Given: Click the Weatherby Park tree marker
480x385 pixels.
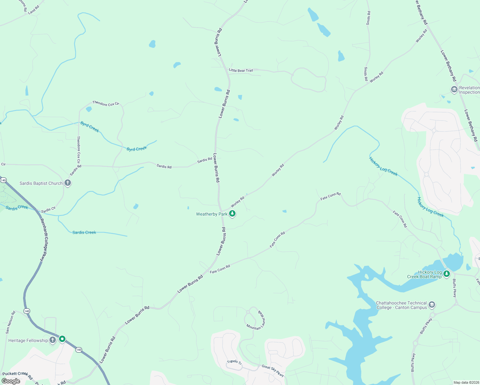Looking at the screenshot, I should [x=232, y=214].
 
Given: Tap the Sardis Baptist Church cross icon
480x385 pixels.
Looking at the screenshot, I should [x=68, y=183].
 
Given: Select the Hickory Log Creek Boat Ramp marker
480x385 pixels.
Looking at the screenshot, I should [x=447, y=274].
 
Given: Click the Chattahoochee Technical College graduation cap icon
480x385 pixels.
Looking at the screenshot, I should [x=432, y=305].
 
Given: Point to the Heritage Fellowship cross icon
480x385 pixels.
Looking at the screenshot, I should [x=53, y=340].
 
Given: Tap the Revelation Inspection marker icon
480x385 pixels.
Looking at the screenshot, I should [x=454, y=90].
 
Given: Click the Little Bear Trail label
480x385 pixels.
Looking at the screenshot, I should [x=241, y=70].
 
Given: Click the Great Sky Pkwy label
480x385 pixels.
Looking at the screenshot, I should [x=273, y=370].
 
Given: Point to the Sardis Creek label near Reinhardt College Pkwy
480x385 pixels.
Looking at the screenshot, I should [x=17, y=208].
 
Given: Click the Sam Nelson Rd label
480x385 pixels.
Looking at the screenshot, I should [x=10, y=322].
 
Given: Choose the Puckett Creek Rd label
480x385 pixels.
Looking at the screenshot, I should [x=17, y=374].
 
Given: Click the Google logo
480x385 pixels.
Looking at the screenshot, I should [x=11, y=381].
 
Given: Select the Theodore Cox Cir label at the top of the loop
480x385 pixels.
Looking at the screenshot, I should [x=106, y=104].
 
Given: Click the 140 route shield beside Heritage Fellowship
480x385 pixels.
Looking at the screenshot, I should [x=79, y=349].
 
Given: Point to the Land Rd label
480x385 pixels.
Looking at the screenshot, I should [x=33, y=10].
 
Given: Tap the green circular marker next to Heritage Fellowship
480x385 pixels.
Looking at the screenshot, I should [x=62, y=339].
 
